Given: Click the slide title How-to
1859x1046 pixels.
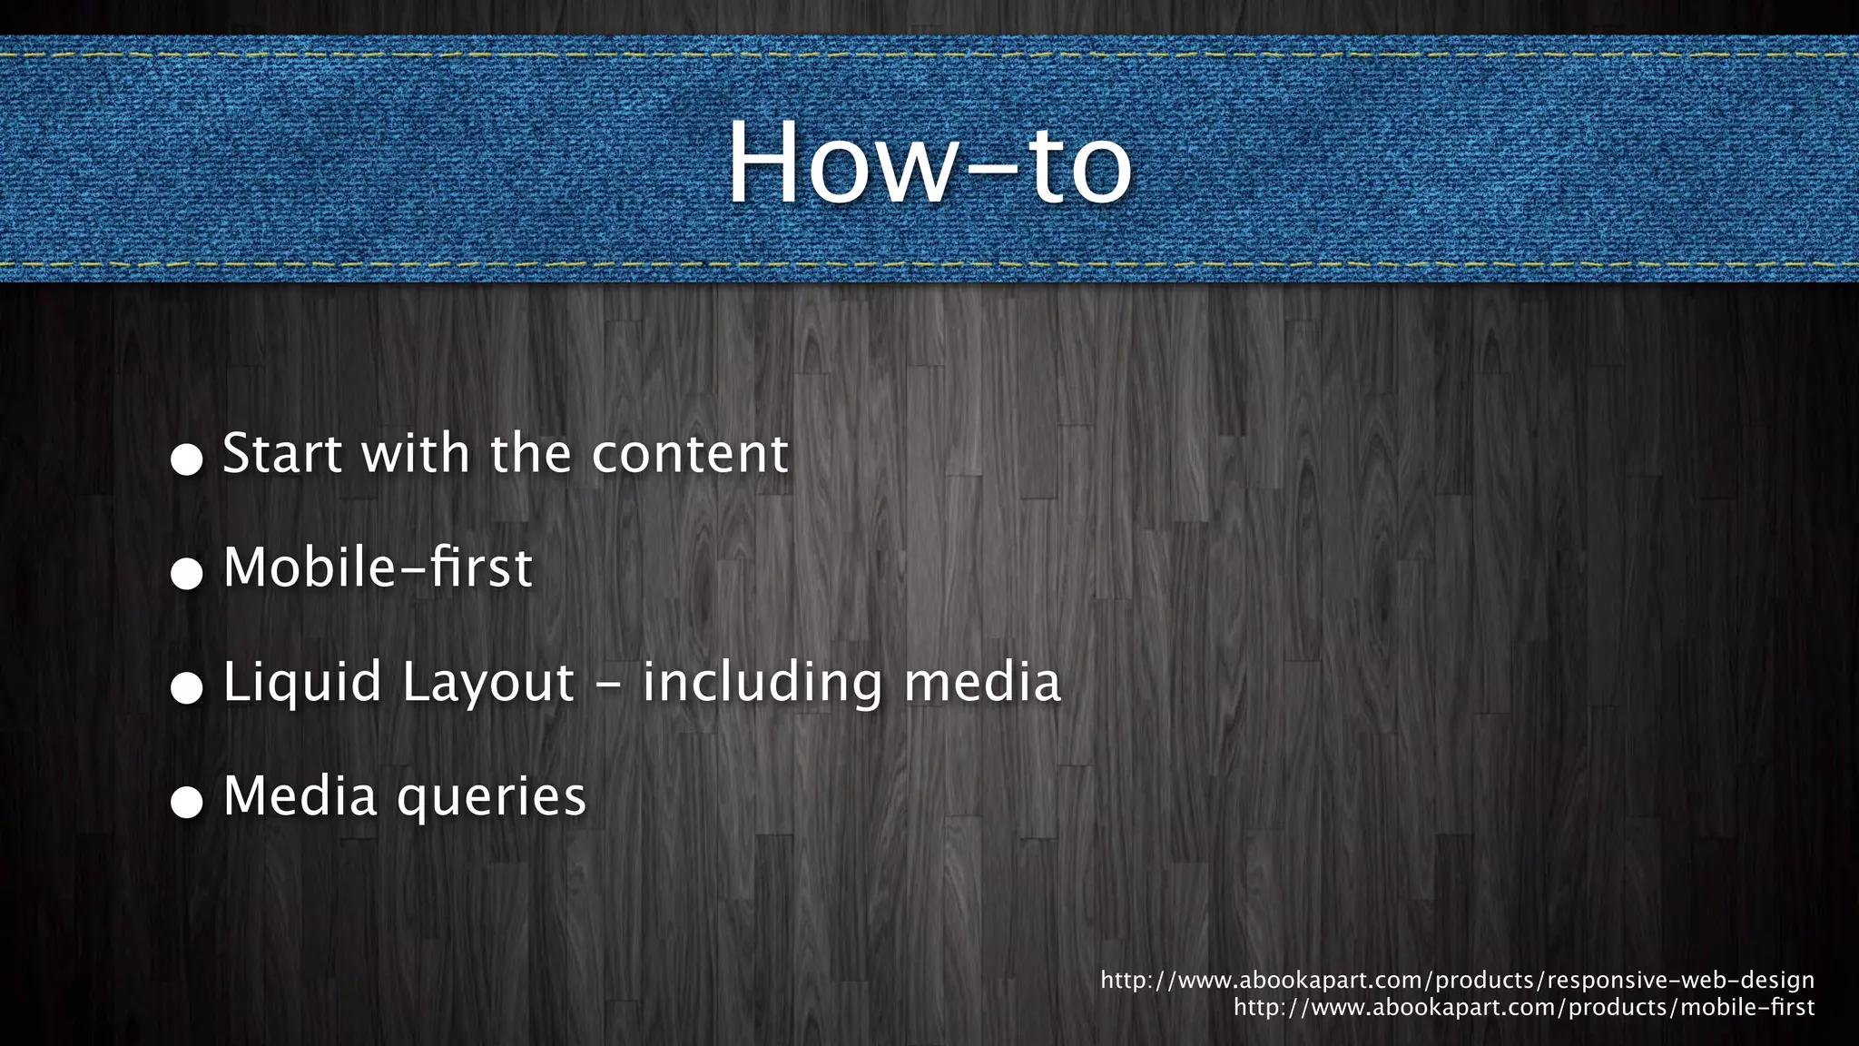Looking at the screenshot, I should tap(929, 163).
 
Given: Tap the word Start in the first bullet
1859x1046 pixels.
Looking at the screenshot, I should tap(282, 453).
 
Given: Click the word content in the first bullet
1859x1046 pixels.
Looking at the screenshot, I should tap(690, 453).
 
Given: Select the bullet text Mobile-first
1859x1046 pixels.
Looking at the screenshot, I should tap(378, 567).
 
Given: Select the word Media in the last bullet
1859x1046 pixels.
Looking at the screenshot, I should tap(300, 796).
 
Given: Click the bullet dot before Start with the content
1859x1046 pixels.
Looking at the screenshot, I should tap(187, 459).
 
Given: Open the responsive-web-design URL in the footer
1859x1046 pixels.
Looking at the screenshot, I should tap(1457, 981).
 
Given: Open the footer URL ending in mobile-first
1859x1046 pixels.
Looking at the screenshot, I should tap(1524, 1007).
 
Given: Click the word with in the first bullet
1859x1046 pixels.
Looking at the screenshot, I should tap(416, 453).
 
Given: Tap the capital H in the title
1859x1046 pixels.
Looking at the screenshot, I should tap(764, 163).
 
